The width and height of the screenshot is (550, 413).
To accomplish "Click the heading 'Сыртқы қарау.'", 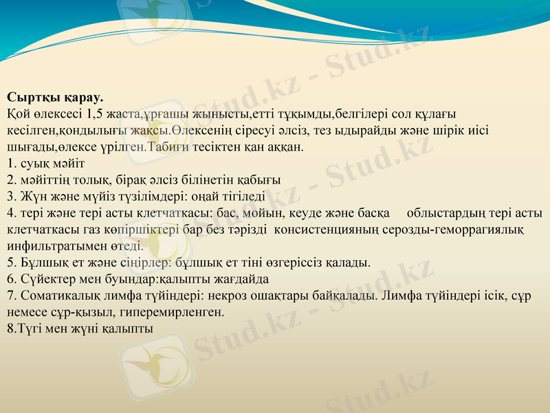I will click(x=55, y=98).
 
